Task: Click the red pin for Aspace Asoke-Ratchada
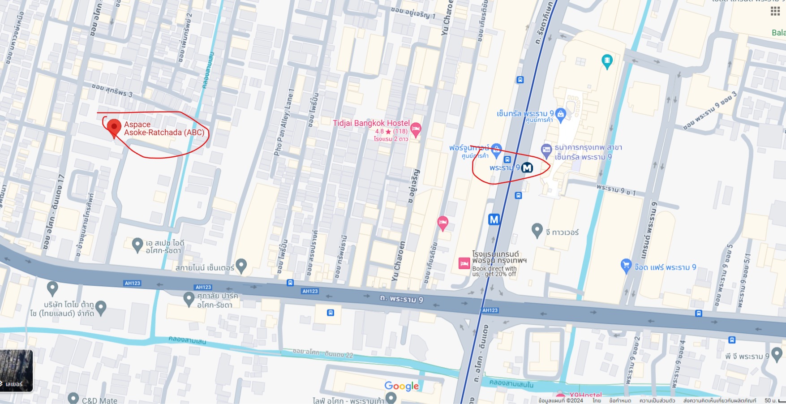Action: (114, 127)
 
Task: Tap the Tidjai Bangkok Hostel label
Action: (371, 123)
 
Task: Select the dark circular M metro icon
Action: (527, 168)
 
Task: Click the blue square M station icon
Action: (494, 219)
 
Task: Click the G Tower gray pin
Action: (537, 230)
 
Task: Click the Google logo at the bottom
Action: (402, 386)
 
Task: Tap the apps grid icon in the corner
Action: (775, 11)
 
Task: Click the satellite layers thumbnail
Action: (16, 371)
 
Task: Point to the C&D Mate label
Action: (99, 400)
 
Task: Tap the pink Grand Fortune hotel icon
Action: (464, 263)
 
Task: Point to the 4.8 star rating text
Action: (391, 131)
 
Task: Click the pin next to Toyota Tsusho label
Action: (101, 307)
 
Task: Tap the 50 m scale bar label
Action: (769, 400)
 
